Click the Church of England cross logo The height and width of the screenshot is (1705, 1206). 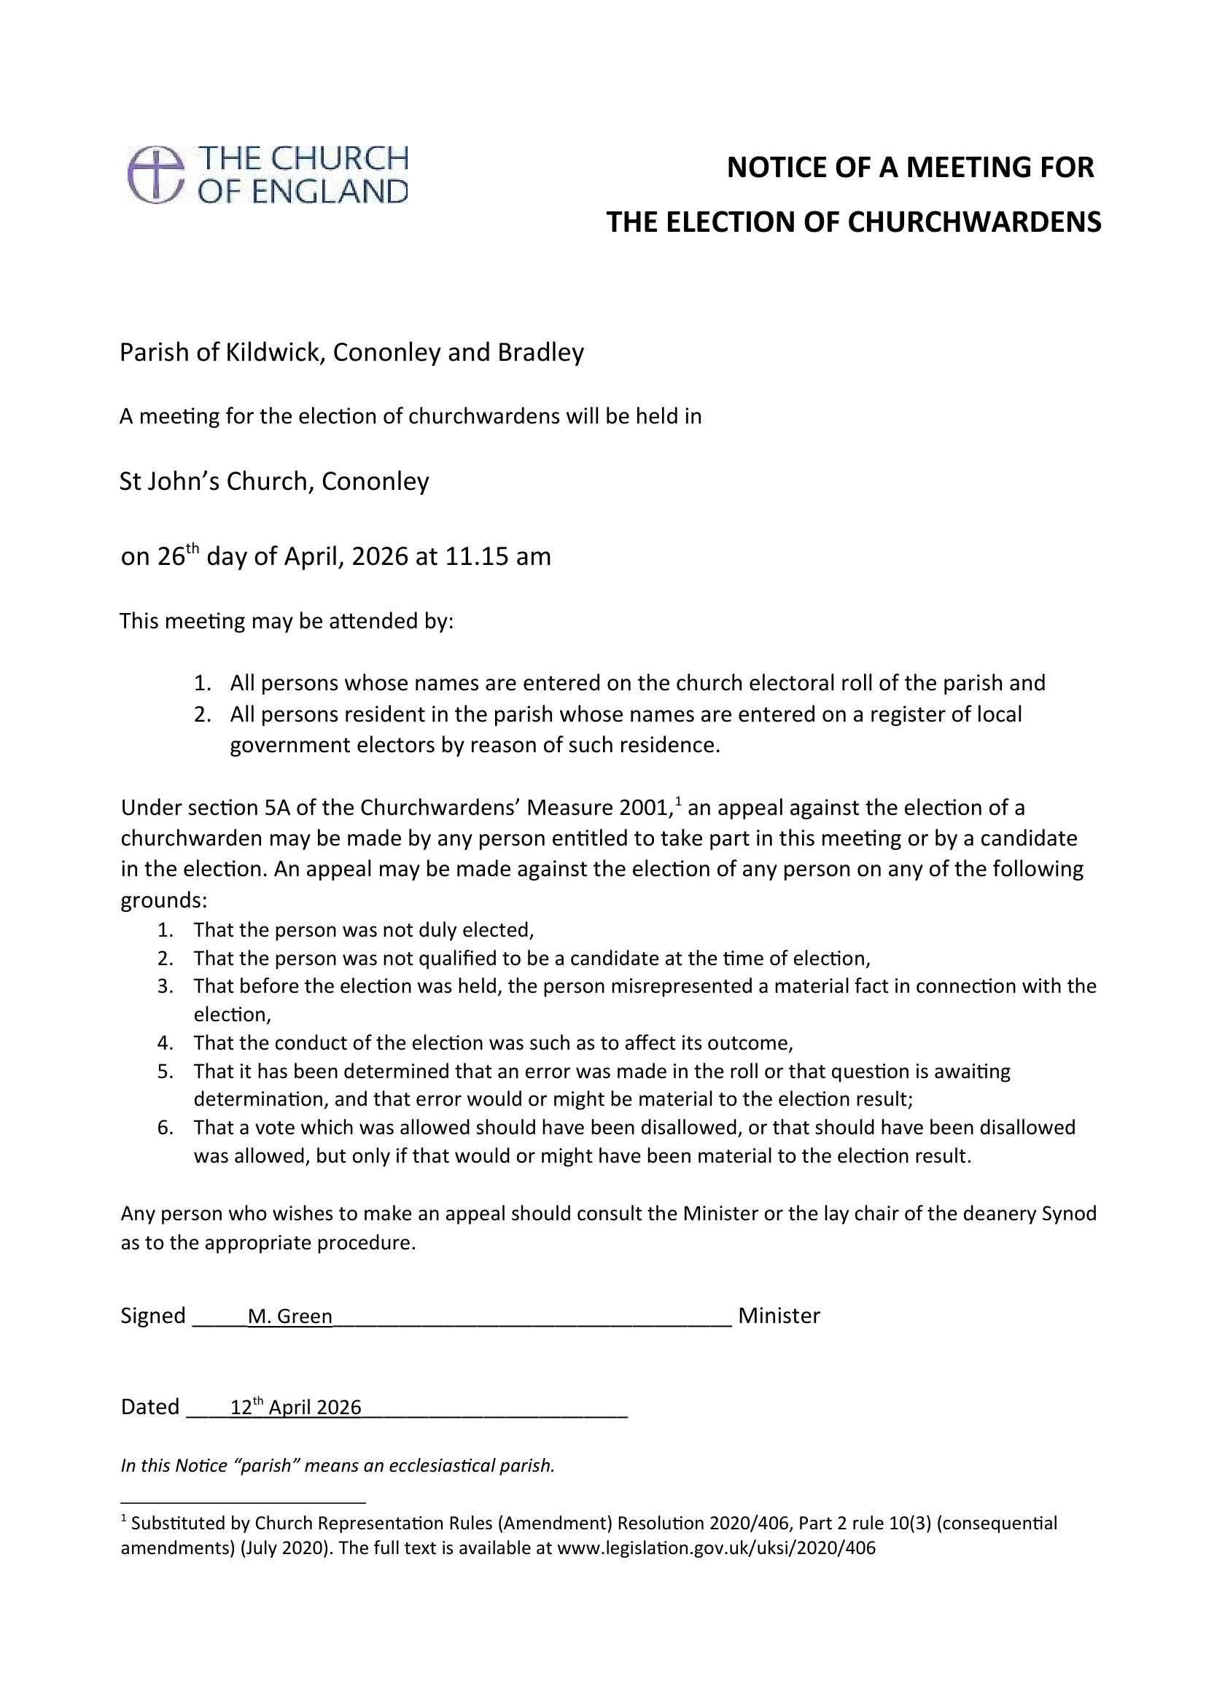tap(156, 174)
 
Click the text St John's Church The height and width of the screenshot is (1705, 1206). tap(213, 482)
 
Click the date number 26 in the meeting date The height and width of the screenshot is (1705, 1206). tap(170, 557)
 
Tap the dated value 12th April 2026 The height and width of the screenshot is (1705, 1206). tap(295, 1407)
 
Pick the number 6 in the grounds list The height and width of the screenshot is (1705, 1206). tap(165, 1128)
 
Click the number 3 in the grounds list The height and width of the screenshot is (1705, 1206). tap(165, 986)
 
